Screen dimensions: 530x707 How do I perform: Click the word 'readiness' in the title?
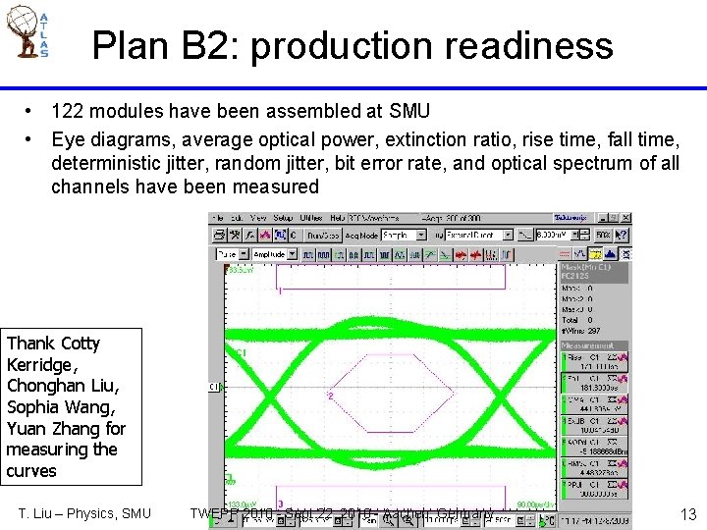click(x=535, y=46)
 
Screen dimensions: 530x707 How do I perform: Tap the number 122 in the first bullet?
click(x=68, y=112)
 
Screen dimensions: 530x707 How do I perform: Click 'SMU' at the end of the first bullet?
click(x=408, y=112)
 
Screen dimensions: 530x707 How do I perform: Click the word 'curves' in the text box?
click(x=31, y=471)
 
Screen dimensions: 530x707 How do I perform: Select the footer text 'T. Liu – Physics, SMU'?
click(x=85, y=513)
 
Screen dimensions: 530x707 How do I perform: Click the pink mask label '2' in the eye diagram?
click(x=331, y=397)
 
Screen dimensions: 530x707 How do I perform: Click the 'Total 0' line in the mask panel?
click(x=577, y=320)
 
